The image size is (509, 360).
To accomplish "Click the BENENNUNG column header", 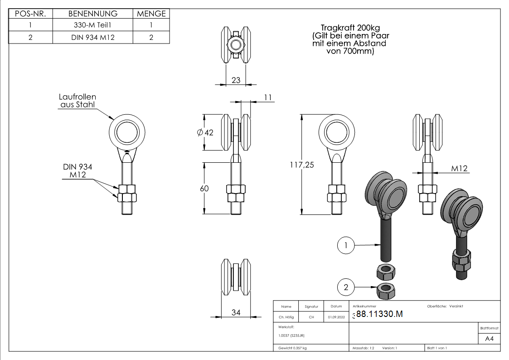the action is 93,14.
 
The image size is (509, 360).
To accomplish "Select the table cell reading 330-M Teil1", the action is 93,25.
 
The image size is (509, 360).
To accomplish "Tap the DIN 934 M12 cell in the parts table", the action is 93,37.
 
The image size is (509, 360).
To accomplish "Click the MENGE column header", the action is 151,14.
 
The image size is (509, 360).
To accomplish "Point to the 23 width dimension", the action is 236,80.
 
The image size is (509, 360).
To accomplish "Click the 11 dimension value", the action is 268,97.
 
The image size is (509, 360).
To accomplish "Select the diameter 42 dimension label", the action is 205,132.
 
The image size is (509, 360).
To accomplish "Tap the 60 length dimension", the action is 204,189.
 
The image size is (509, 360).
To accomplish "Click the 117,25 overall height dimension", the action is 302,165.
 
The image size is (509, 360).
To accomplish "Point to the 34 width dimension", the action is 236,312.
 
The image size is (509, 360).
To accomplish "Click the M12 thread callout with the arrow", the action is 459,169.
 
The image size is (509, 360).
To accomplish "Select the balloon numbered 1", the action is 346,245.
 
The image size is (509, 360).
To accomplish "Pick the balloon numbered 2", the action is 346,287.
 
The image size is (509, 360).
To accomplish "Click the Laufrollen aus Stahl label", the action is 78,101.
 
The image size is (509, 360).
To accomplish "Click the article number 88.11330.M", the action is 379,314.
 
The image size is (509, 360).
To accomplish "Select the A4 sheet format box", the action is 489,339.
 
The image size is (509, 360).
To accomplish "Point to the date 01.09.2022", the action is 336,317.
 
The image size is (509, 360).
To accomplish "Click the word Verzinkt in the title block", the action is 456,306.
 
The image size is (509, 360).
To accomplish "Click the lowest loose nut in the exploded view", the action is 386,291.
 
